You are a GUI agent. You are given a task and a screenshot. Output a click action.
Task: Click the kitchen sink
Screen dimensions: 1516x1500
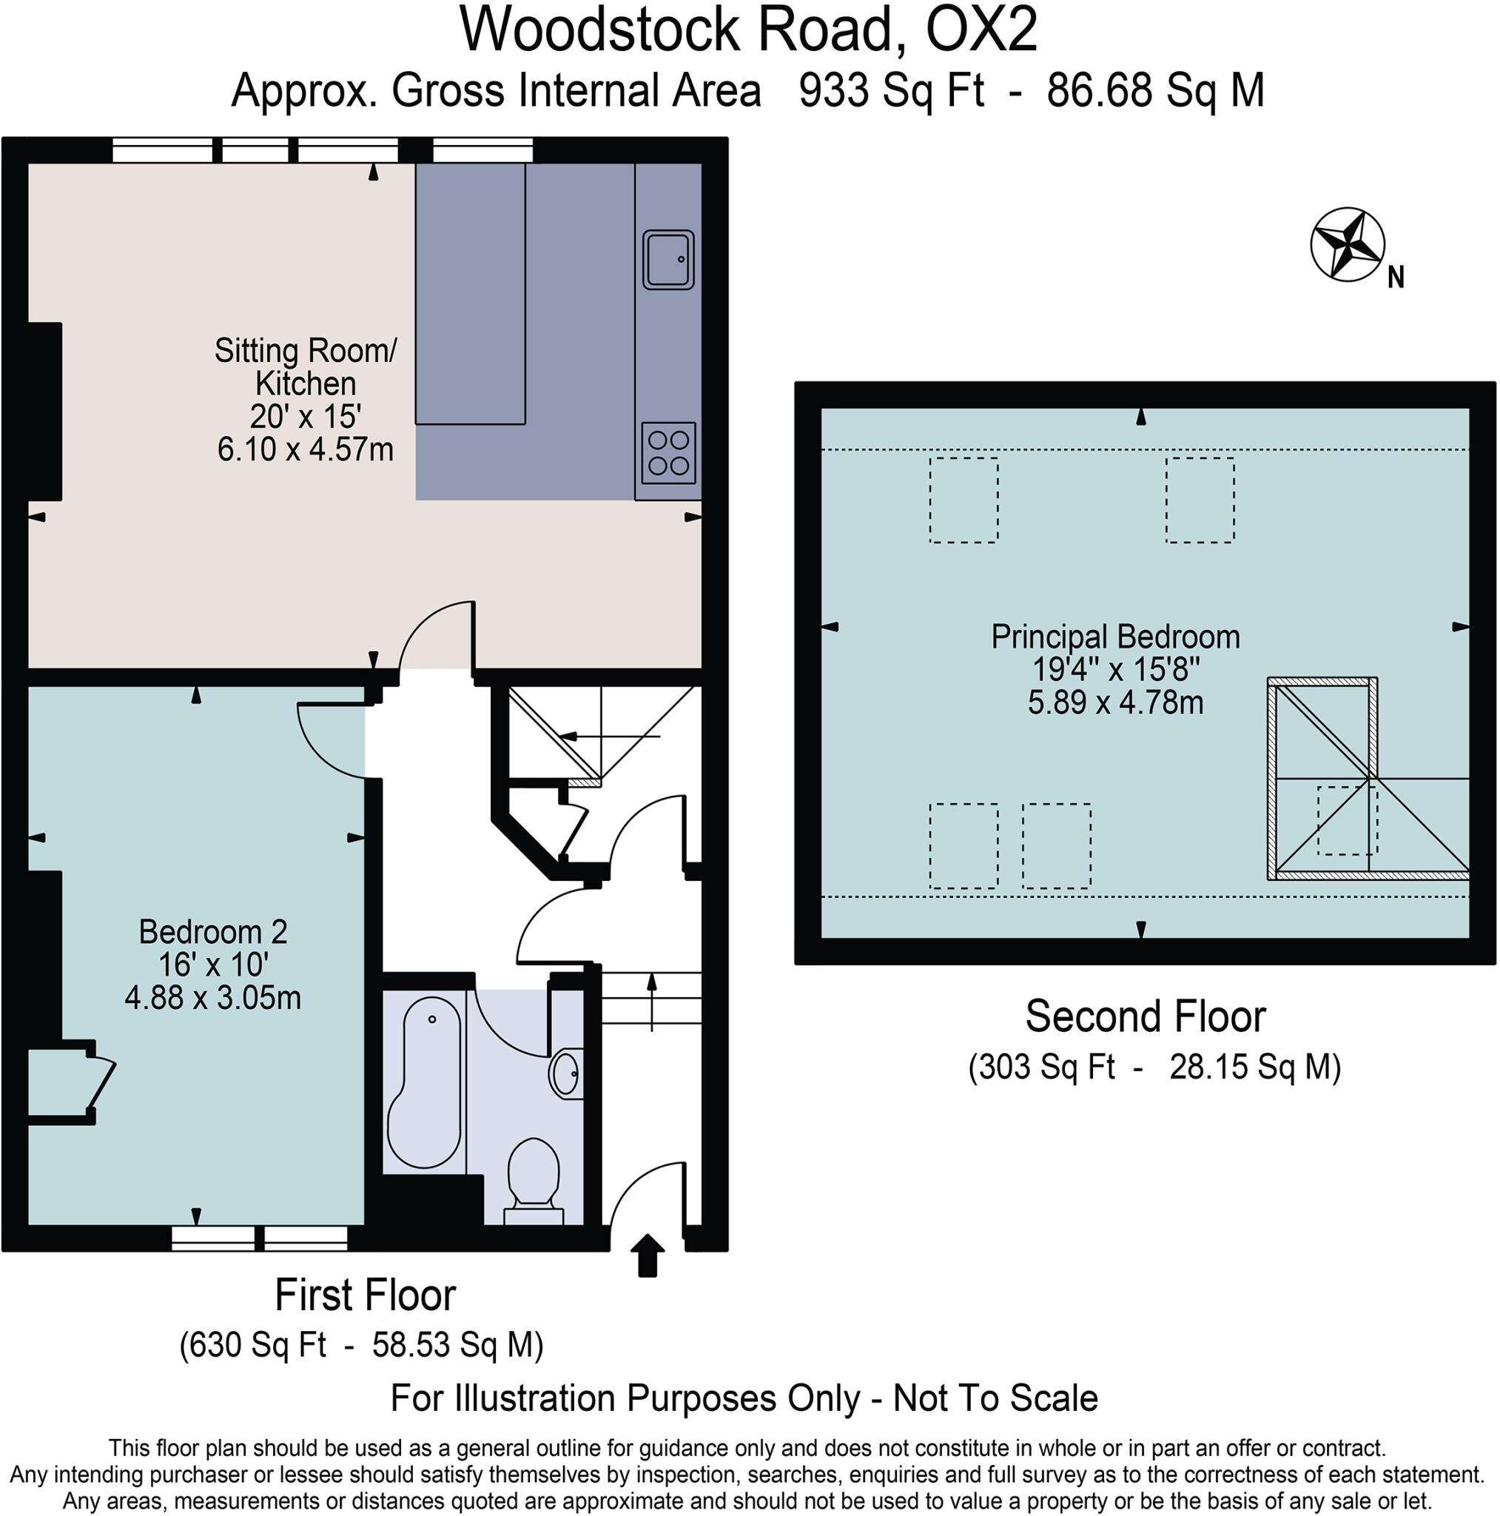tap(668, 260)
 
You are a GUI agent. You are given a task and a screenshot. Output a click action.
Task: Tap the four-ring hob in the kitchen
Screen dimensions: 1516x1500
tap(668, 453)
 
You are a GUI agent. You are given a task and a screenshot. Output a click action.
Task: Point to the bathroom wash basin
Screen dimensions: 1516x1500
tap(565, 1073)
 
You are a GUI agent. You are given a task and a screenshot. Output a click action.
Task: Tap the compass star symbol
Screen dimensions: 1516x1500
tap(1347, 245)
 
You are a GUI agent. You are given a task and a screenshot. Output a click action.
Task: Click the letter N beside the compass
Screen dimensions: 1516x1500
tap(1396, 278)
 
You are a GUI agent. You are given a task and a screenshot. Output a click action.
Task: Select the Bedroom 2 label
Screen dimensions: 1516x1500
tap(212, 932)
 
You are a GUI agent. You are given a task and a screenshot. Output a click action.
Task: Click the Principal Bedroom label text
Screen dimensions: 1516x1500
tap(1114, 637)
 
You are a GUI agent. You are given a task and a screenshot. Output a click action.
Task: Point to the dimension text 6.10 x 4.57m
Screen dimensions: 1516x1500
tap(305, 449)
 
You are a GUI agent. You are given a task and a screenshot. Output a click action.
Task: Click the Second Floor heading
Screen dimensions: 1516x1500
tap(1145, 1017)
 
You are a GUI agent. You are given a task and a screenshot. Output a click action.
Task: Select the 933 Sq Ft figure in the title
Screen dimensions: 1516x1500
tap(891, 91)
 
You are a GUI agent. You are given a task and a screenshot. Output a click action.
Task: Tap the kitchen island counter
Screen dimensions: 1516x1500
tap(470, 295)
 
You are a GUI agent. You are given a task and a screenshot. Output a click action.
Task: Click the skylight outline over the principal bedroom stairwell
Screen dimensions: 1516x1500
tap(1347, 820)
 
